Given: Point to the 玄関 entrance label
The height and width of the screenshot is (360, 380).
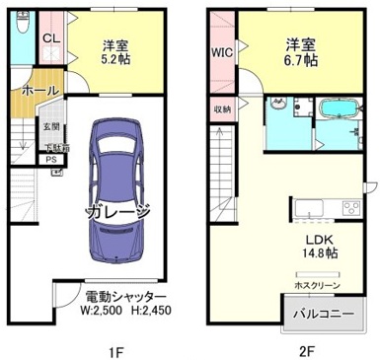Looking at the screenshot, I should (51, 126).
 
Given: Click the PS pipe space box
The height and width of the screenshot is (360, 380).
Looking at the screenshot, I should (50, 160).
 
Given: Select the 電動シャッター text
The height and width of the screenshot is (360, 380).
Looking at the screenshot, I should (122, 297).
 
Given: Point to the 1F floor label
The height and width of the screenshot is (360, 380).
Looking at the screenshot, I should (112, 347).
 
